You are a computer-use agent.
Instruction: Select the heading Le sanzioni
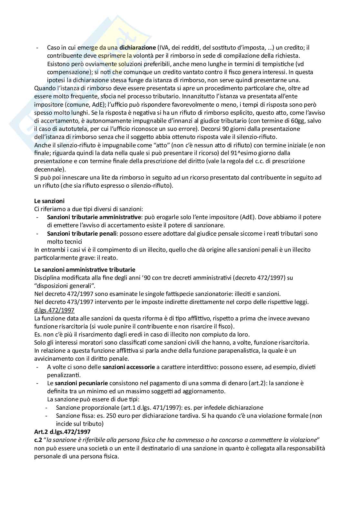[49, 201]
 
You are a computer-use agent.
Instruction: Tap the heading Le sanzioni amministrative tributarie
[85, 269]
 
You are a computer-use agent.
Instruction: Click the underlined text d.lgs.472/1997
[54, 310]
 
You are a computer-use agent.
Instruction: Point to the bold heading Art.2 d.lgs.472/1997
[62, 432]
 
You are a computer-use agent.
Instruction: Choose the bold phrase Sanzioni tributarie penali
[82, 233]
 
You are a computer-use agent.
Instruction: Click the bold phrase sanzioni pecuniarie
[81, 383]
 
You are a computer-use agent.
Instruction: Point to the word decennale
[49, 169]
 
